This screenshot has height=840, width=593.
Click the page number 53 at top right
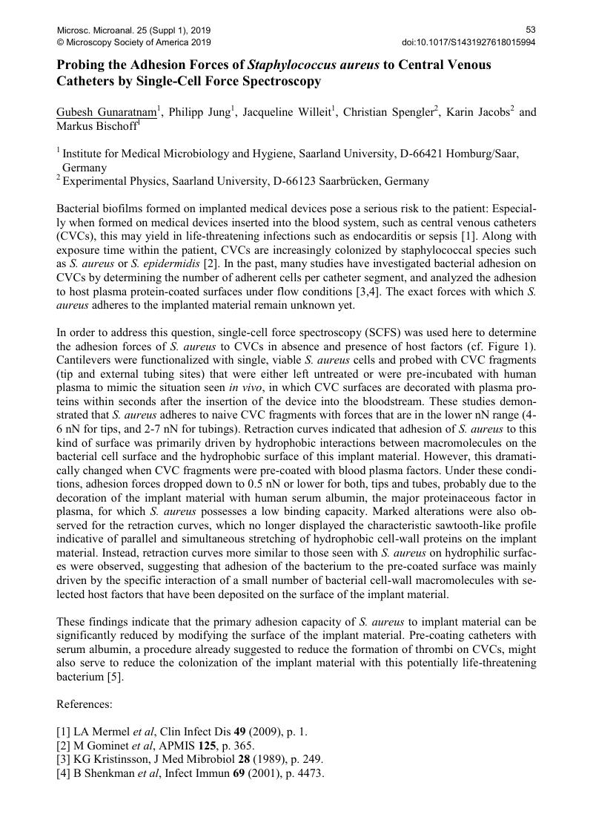tap(531, 30)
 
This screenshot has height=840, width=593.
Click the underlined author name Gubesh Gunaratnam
tap(107, 113)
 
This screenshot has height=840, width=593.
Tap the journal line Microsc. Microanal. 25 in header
tap(133, 30)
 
